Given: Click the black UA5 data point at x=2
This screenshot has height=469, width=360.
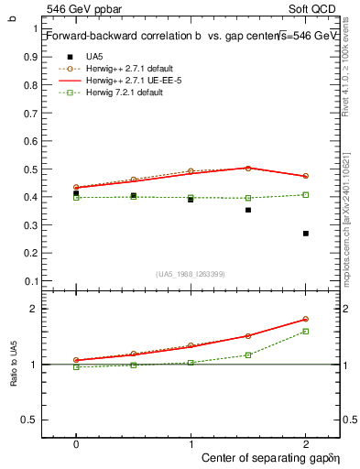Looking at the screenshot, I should (x=306, y=234).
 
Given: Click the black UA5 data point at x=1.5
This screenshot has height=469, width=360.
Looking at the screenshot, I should (x=248, y=210).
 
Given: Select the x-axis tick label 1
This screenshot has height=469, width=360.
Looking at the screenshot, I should (x=191, y=442).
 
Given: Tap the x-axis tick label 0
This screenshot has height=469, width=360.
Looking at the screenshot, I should (x=76, y=442).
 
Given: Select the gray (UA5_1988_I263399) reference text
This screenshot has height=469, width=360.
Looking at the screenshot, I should (x=191, y=275).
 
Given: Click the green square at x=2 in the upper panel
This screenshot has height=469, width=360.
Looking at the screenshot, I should (x=306, y=194).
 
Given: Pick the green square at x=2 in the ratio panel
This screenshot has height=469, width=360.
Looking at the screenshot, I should (x=306, y=331).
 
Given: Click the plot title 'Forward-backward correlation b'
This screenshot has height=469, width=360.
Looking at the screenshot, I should (x=126, y=35).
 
